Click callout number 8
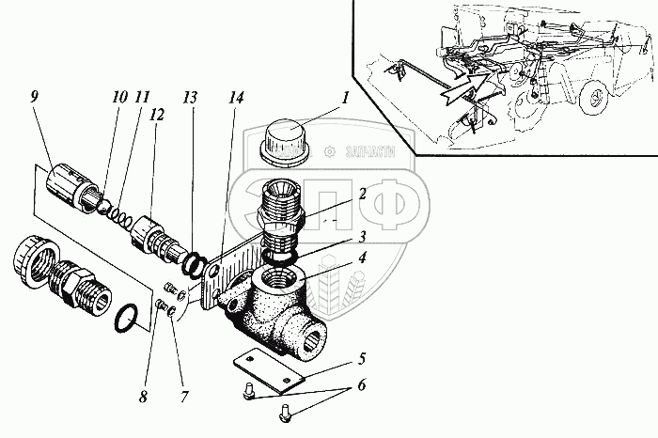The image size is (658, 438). (x=143, y=397)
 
